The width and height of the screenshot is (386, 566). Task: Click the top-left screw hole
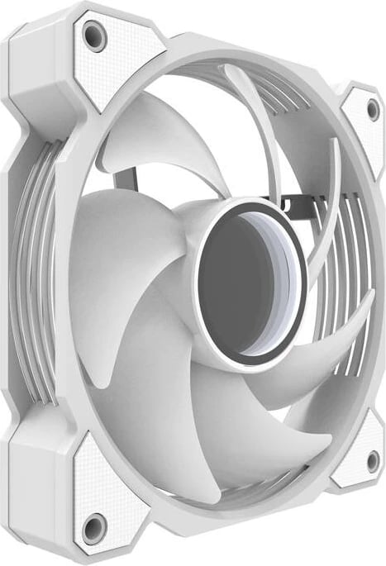click(94, 35)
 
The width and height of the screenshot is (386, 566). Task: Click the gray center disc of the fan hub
click(244, 285)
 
